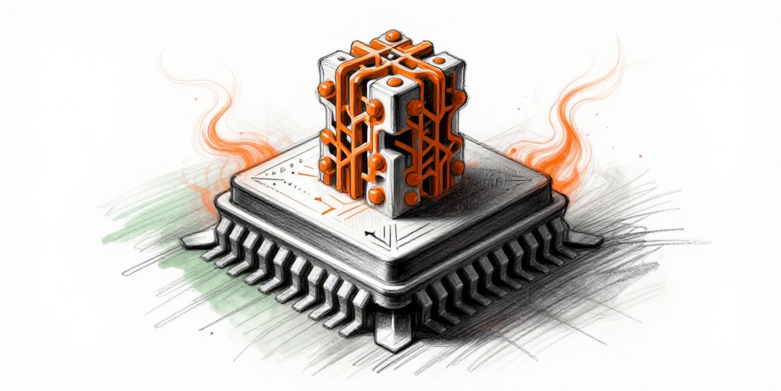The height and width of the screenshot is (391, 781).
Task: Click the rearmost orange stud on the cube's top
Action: point(392,35)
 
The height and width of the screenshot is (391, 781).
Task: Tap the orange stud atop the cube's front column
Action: point(394,82)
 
